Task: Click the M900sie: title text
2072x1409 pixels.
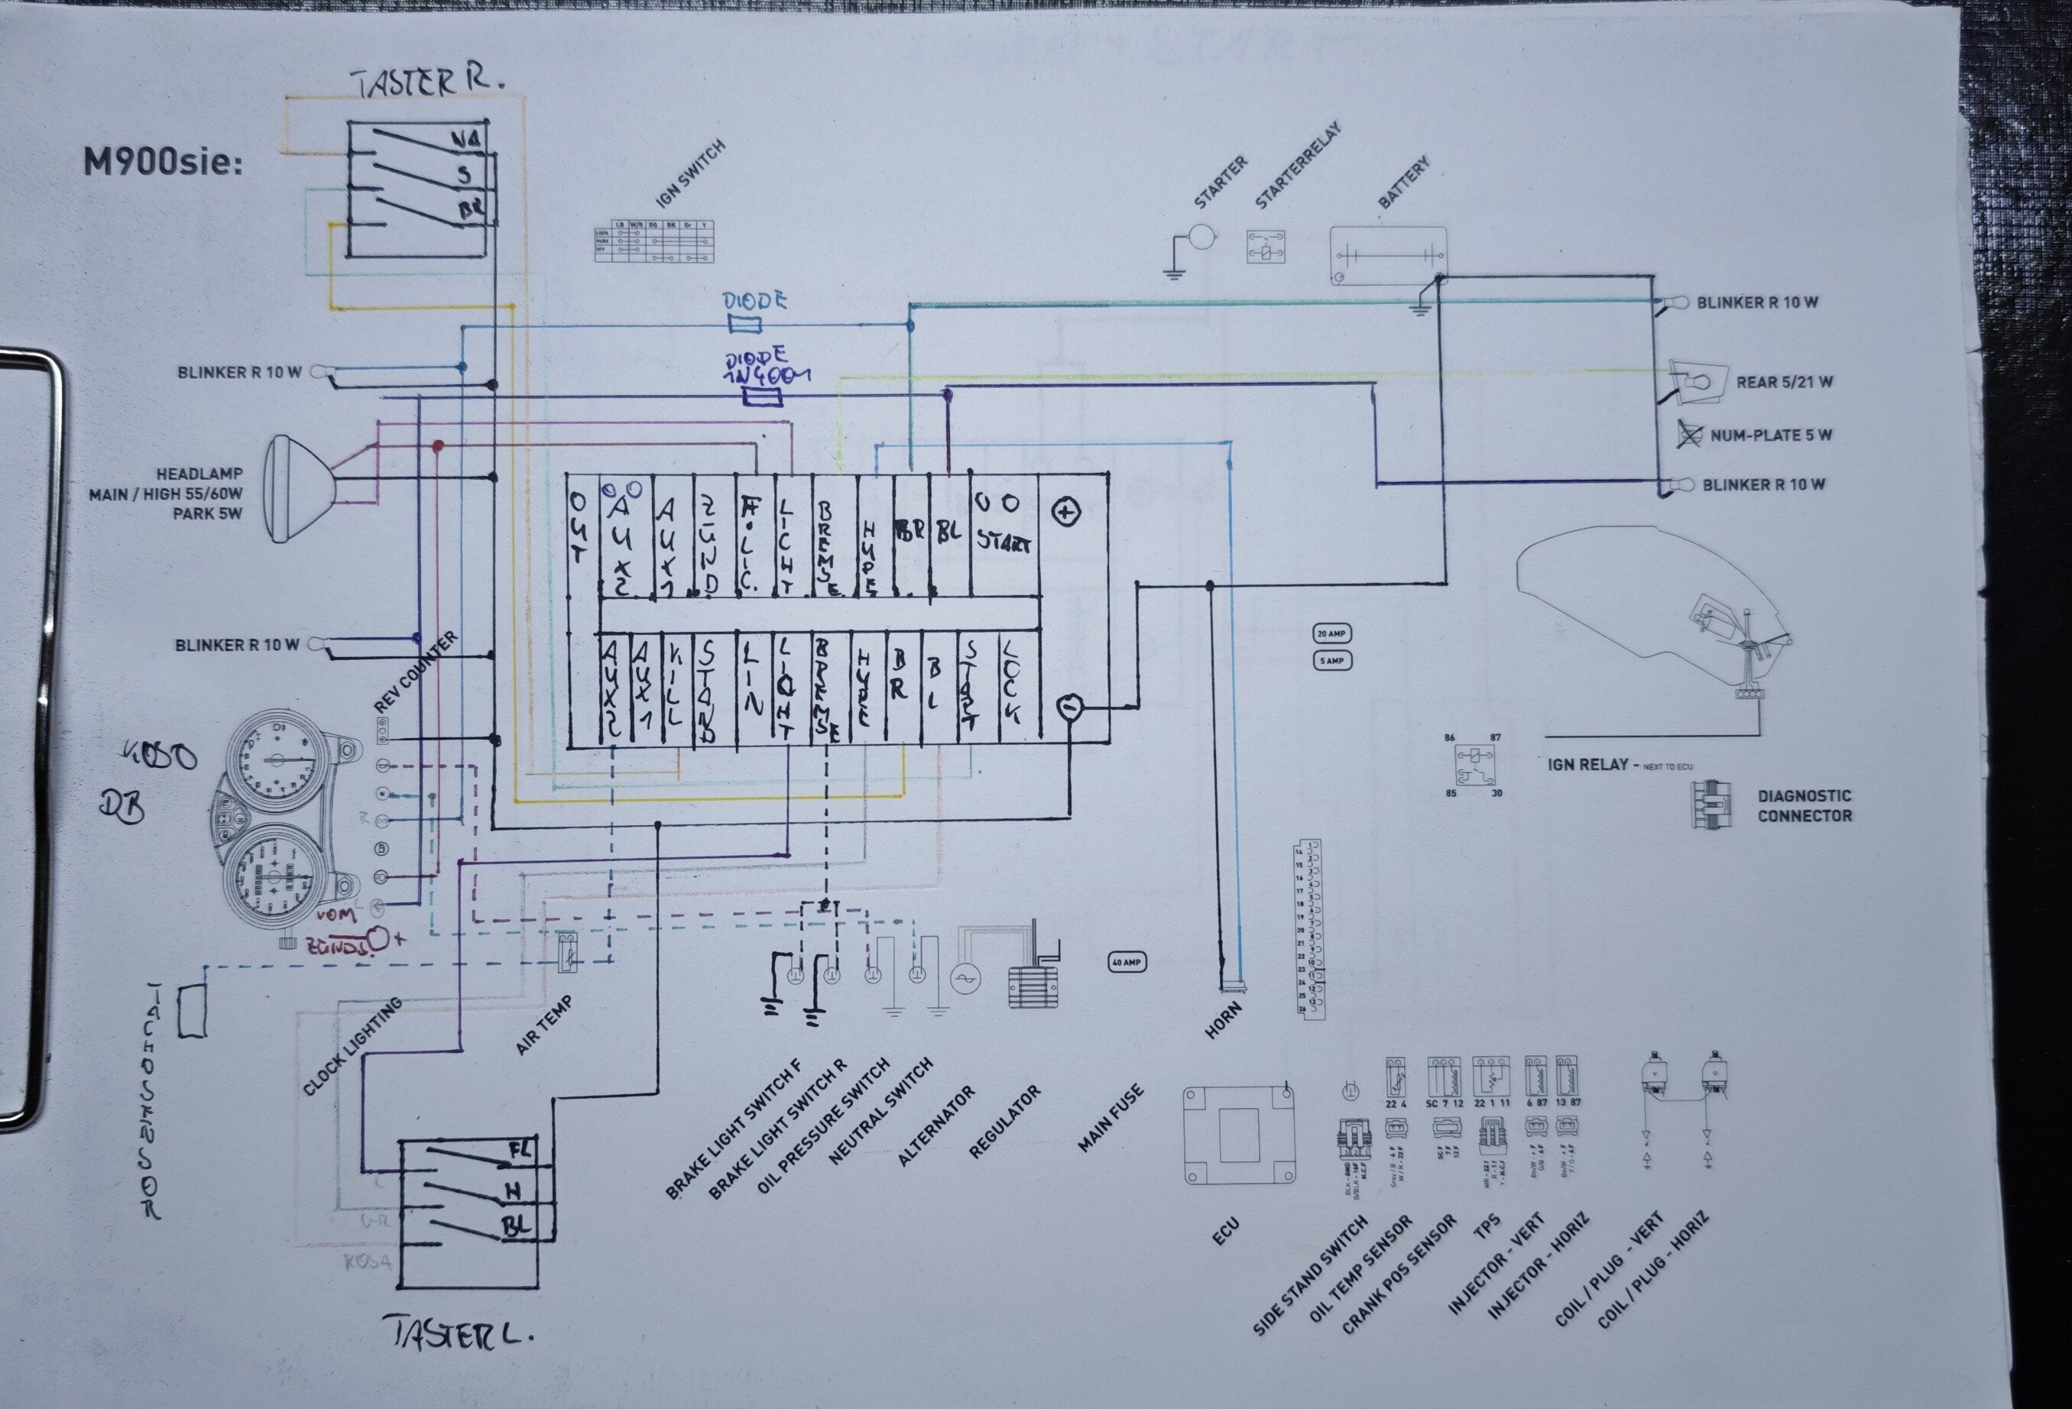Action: point(163,163)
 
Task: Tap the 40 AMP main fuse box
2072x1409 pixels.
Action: point(1126,963)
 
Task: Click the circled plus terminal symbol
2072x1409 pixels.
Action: point(1066,511)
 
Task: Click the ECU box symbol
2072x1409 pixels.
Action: point(1238,1135)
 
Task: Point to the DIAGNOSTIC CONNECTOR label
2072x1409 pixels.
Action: point(1804,805)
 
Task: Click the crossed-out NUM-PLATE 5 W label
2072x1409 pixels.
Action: point(1770,436)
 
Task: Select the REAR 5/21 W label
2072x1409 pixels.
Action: point(1784,382)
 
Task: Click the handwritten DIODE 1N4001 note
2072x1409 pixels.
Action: point(765,368)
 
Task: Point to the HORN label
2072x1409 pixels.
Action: point(1223,1019)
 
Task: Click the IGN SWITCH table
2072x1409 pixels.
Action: point(655,241)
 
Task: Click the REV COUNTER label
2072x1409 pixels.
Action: point(416,671)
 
